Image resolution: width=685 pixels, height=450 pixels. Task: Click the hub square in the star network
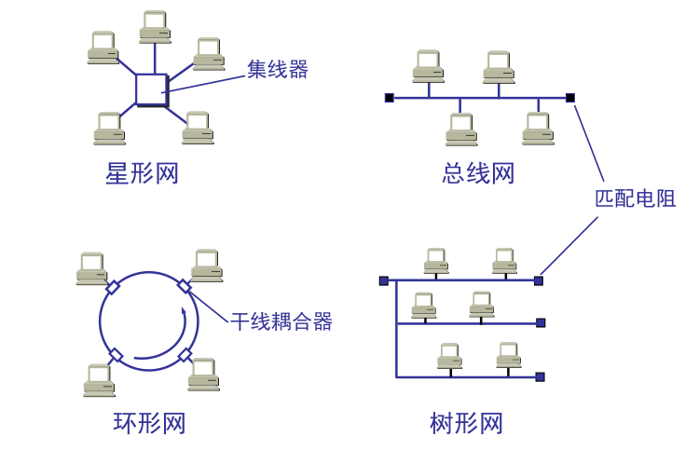click(x=152, y=90)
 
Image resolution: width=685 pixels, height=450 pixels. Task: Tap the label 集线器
click(x=277, y=69)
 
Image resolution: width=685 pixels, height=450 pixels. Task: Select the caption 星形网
click(x=142, y=173)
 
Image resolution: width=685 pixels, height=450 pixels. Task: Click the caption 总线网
click(x=477, y=173)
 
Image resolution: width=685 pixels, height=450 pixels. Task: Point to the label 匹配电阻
click(x=635, y=198)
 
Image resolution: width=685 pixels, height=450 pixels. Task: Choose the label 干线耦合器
click(x=281, y=321)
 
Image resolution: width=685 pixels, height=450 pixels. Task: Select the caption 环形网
click(x=149, y=423)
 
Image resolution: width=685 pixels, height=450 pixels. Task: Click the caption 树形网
click(x=466, y=423)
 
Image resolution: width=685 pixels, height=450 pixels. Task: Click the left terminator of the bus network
click(x=390, y=98)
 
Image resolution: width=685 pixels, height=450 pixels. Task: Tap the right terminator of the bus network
click(x=570, y=98)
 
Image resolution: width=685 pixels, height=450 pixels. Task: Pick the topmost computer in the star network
click(x=155, y=27)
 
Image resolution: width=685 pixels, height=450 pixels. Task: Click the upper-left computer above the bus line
click(x=428, y=66)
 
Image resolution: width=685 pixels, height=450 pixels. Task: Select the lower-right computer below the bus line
click(x=538, y=129)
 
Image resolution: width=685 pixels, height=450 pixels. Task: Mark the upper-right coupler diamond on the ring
click(x=185, y=286)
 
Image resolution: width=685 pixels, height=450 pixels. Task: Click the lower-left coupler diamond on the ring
click(x=116, y=355)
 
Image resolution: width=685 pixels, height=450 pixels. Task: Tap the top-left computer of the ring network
click(x=91, y=268)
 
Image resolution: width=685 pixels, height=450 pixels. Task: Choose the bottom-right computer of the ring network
click(x=203, y=375)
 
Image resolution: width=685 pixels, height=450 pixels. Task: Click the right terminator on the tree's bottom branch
click(x=540, y=377)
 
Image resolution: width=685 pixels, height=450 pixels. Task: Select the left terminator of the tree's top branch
click(x=384, y=280)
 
